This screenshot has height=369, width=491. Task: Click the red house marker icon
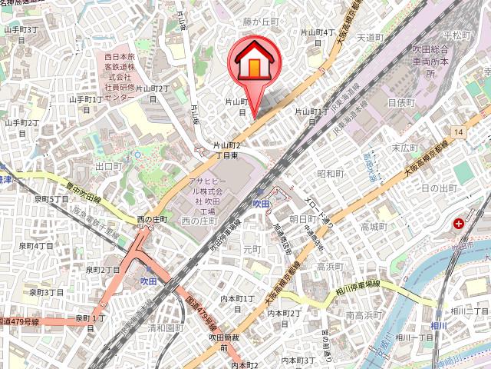pos(252,63)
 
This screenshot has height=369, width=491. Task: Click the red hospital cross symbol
pos(459,224)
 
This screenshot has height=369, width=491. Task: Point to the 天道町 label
pos(370,37)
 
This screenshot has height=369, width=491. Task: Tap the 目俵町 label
pos(400,101)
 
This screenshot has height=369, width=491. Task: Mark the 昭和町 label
pos(331,174)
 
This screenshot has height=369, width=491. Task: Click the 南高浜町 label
pos(364,315)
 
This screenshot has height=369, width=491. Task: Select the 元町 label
pos(252,249)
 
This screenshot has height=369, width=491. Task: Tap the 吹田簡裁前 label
pos(220,342)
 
